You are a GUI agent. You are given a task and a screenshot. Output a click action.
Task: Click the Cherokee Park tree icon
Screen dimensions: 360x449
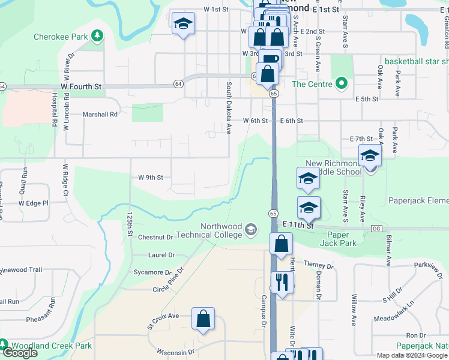97,37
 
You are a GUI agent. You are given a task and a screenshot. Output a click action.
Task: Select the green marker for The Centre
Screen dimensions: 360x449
342,83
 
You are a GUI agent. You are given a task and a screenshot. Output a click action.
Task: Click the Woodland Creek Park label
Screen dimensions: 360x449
51,346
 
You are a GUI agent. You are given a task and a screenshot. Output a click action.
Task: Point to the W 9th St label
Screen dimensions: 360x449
151,178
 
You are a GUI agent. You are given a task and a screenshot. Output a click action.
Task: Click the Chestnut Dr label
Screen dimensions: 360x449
155,238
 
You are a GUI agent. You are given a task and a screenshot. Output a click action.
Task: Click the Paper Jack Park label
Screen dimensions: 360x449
342,239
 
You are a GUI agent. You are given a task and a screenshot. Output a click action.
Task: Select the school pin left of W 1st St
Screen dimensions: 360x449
183,24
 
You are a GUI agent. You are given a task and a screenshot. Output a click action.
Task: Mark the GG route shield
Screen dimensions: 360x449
377,229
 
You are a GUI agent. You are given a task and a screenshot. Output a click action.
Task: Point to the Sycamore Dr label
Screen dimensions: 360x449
149,272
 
